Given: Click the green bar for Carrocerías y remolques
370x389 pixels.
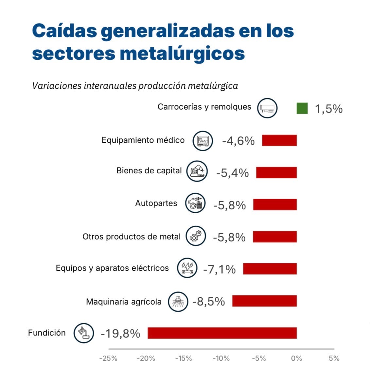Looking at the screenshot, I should tap(302, 108).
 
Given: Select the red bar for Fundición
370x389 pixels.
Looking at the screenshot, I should tap(222, 333).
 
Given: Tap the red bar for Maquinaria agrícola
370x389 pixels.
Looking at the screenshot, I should tap(264, 301).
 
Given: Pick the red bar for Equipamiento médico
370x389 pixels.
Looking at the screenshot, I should tap(279, 140).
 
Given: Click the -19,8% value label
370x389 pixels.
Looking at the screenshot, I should tap(120, 333).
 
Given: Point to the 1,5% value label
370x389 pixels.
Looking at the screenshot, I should tap(328, 109).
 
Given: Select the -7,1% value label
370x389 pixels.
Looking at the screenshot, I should tap(219, 269).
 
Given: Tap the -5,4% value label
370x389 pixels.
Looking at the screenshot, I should tap(232, 173).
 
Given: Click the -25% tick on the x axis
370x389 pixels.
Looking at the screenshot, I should tap(108, 358).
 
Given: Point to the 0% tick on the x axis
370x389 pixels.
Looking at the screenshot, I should tap(296, 358).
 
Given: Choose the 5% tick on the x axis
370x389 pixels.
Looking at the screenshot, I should tap(334, 358).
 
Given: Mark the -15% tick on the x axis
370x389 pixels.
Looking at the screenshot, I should tap(184, 358).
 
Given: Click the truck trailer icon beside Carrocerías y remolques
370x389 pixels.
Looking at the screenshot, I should tap(267, 108).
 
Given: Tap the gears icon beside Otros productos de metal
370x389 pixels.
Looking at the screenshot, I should tap(196, 236).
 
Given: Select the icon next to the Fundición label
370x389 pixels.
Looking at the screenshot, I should tap(84, 333).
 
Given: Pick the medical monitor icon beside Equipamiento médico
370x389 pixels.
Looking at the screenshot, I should tap(203, 141).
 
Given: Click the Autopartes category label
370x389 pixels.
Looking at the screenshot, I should tap(156, 203).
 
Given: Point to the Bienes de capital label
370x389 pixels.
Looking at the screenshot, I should tap(149, 170).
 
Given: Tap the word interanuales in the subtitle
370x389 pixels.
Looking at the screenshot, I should tap(110, 86).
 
